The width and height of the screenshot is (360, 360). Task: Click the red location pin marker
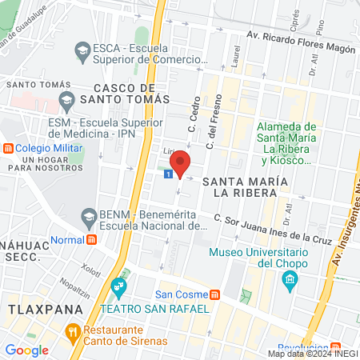coord(180,162)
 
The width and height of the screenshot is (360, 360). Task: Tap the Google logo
coord(26,350)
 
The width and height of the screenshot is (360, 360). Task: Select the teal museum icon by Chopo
coord(289,280)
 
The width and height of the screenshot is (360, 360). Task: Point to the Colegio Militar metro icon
coord(9,148)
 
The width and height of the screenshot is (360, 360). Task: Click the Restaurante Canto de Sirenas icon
coord(72,330)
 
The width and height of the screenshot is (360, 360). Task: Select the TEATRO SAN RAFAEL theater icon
coord(119,286)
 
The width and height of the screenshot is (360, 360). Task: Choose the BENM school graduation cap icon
coord(88,215)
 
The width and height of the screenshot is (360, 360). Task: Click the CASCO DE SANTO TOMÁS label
coord(132,93)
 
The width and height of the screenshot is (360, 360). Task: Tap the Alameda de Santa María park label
coord(287,143)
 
